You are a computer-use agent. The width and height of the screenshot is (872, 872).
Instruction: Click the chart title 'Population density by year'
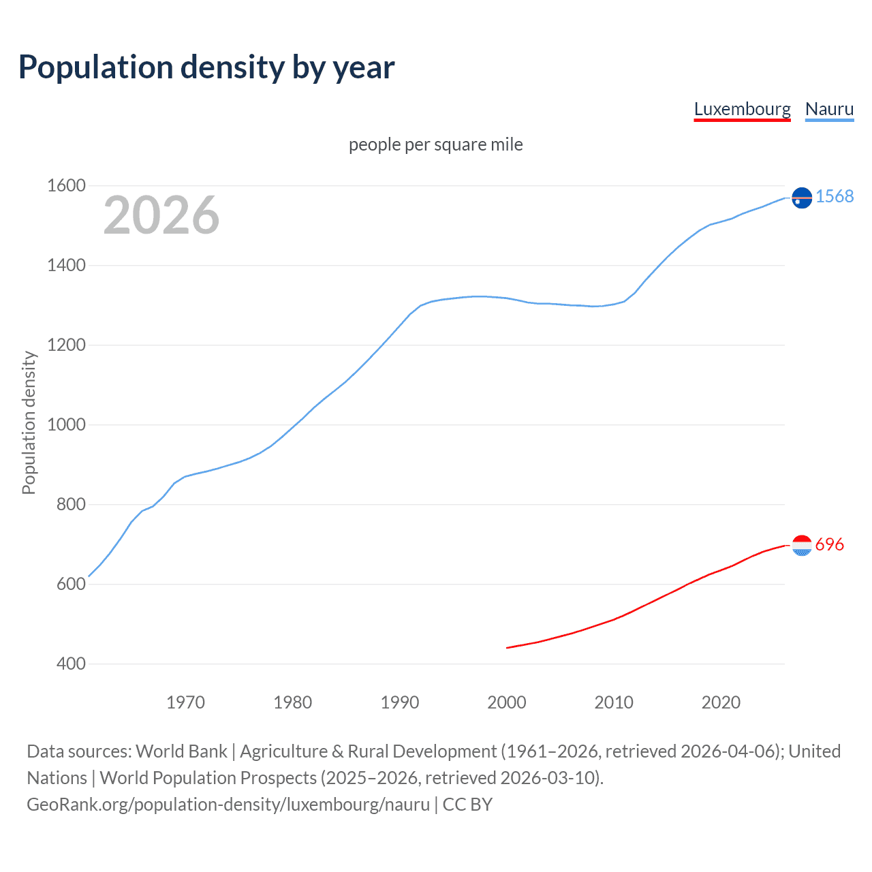pyautogui.click(x=206, y=67)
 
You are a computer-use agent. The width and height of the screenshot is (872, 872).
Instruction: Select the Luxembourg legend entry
pyautogui.click(x=742, y=109)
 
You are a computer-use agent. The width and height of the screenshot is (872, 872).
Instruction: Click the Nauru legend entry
pyautogui.click(x=829, y=109)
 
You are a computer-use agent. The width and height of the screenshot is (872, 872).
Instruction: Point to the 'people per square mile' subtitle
pyautogui.click(x=436, y=144)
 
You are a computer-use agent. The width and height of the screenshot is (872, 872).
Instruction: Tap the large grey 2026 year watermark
pyautogui.click(x=161, y=215)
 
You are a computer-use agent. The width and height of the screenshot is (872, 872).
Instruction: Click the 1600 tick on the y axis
pyautogui.click(x=66, y=185)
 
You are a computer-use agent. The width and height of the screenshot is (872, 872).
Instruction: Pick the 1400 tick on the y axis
pyautogui.click(x=66, y=265)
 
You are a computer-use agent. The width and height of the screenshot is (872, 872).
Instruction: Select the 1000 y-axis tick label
pyautogui.click(x=66, y=424)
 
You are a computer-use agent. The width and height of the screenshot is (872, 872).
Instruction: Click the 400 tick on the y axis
pyautogui.click(x=71, y=664)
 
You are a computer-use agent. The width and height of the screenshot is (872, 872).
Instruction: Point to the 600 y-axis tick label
pyautogui.click(x=71, y=584)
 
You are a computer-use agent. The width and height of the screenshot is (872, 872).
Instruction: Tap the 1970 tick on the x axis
pyautogui.click(x=185, y=702)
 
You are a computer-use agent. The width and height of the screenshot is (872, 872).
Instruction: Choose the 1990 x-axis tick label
pyautogui.click(x=400, y=702)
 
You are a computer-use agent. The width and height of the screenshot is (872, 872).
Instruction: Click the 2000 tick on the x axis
pyautogui.click(x=507, y=702)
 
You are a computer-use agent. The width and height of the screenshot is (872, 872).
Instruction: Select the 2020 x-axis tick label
pyautogui.click(x=721, y=702)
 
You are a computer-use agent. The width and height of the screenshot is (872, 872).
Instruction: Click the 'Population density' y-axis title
pyautogui.click(x=29, y=422)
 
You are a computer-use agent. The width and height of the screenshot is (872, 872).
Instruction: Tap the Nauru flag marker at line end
pyautogui.click(x=802, y=198)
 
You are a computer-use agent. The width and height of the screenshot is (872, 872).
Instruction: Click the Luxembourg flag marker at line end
pyautogui.click(x=802, y=545)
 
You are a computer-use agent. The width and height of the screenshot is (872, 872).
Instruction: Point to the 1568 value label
pyautogui.click(x=835, y=196)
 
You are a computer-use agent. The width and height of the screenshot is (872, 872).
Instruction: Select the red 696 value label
pyautogui.click(x=829, y=544)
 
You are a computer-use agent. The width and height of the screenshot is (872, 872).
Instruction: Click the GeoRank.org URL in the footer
pyautogui.click(x=228, y=805)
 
